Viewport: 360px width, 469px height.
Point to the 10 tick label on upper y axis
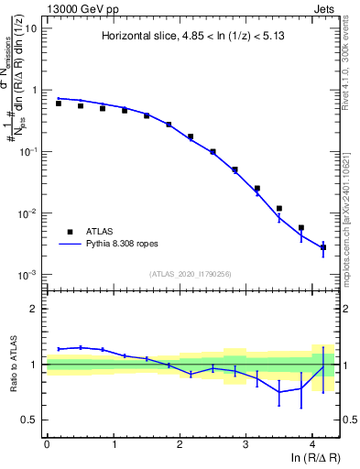click(31, 28)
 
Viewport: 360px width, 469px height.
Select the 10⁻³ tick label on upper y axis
click(29, 275)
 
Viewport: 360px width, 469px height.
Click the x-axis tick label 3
click(245, 443)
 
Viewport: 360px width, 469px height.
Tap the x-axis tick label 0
click(46, 443)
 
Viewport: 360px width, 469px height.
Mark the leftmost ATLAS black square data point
click(59, 104)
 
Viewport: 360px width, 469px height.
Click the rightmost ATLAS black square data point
click(323, 247)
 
